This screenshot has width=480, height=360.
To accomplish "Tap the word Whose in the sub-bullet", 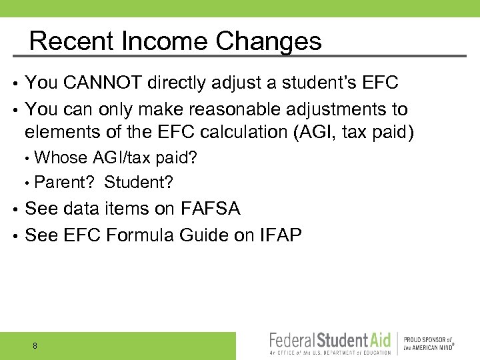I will pos(60,158).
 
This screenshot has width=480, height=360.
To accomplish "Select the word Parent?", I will pos(65,181).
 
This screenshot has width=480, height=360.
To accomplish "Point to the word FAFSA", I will pos(210,209).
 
